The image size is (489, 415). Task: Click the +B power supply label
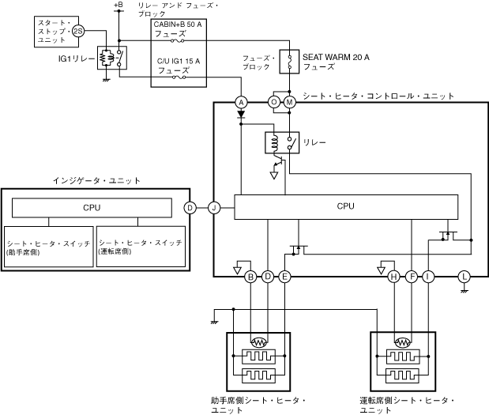coord(118,6)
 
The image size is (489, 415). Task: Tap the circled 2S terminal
coord(77,31)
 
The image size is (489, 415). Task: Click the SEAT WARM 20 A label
coord(336,58)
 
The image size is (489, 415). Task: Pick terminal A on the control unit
coord(242,102)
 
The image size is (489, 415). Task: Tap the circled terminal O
coord(274,102)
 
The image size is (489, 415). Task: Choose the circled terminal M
coord(289,102)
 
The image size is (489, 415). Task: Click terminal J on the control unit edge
coord(214,208)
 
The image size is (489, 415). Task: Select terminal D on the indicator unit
coord(190,208)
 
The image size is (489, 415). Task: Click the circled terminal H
coord(393,277)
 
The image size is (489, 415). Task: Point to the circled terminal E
coord(284,277)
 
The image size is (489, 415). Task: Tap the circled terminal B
coord(250,277)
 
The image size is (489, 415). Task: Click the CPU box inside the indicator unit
coord(92,208)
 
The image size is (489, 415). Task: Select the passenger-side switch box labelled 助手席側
coord(48,247)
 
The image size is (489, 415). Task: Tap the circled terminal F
coord(411,277)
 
